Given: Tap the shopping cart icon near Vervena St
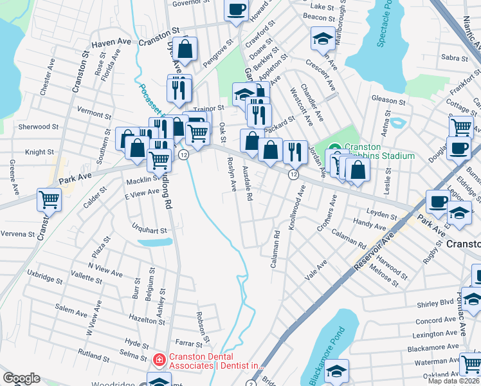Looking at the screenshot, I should point(49,199).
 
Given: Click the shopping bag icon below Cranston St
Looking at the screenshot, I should point(185,49).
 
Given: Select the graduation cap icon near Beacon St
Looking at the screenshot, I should point(322,39).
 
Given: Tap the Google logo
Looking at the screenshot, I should point(21,378).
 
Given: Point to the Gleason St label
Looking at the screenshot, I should point(388,101).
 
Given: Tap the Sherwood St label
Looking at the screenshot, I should point(38,127).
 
